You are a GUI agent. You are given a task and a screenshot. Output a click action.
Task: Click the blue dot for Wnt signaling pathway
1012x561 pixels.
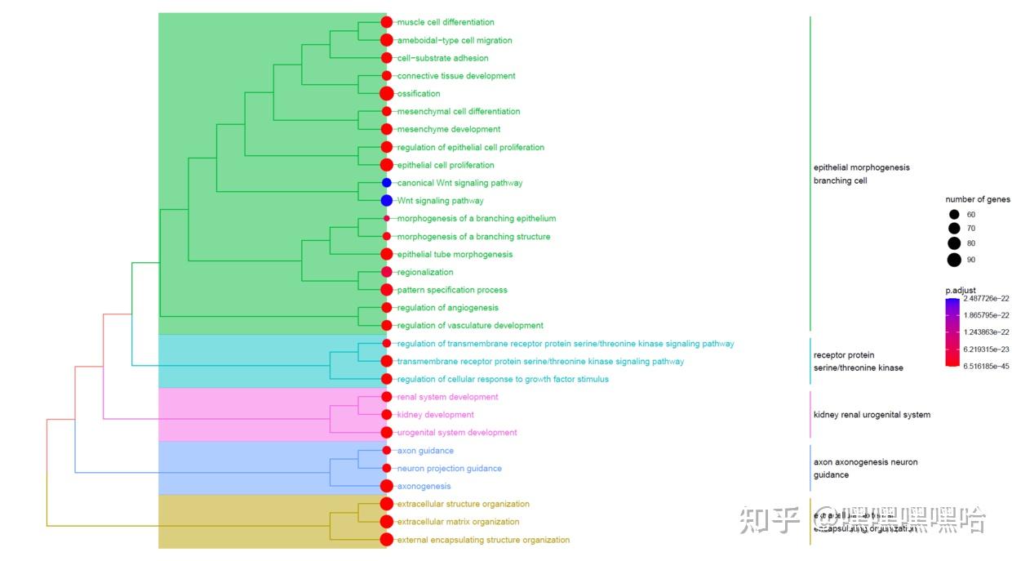[387, 201]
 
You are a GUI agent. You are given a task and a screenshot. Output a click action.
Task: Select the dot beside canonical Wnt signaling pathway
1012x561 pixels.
[387, 183]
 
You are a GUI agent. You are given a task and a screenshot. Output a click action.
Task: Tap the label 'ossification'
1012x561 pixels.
[419, 94]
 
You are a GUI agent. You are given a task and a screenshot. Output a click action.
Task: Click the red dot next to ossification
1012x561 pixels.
[387, 94]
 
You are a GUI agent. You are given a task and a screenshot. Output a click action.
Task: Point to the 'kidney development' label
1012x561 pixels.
[435, 415]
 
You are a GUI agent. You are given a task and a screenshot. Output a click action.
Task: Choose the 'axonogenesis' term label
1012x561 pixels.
[424, 487]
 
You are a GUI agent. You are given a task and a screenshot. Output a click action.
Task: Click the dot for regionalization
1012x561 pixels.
[387, 272]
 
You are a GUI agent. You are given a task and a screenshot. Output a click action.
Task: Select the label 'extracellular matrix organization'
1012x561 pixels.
[458, 522]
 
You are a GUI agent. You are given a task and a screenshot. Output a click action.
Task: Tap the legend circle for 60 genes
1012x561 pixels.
[954, 215]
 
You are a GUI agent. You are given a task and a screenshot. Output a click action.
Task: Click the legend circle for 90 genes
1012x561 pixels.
[954, 260]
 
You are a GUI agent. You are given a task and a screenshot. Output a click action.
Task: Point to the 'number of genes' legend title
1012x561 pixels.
[978, 199]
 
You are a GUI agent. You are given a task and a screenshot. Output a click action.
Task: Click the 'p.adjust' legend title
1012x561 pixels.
[961, 290]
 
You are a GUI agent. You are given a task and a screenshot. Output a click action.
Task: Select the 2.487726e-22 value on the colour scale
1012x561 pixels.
[986, 299]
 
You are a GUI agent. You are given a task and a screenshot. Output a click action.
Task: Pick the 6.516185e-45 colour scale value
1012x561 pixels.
[986, 366]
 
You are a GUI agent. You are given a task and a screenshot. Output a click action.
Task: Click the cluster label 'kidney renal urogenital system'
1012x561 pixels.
[872, 415]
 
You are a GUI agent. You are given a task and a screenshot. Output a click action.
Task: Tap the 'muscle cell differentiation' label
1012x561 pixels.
[446, 22]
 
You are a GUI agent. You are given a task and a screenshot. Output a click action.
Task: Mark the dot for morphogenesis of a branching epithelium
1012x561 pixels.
[387, 219]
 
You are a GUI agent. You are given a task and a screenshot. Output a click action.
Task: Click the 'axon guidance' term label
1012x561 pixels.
[425, 451]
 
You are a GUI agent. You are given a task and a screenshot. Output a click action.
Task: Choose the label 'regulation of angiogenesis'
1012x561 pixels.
[447, 308]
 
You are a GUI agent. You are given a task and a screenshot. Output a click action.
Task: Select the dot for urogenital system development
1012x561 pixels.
[387, 433]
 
